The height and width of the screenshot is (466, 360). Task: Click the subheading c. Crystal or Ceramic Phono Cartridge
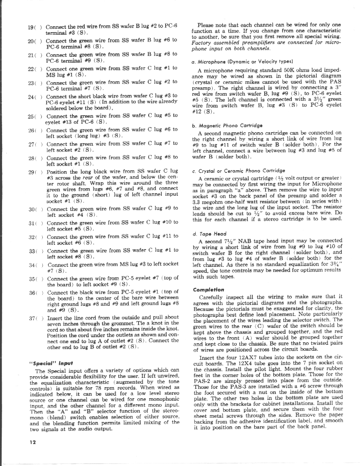pyautogui.click(x=233, y=171)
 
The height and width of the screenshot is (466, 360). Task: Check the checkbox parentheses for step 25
pyautogui.click(x=39, y=116)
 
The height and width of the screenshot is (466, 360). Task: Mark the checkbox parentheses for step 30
pyautogui.click(x=39, y=209)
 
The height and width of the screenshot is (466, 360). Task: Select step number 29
pyautogui.click(x=31, y=172)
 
